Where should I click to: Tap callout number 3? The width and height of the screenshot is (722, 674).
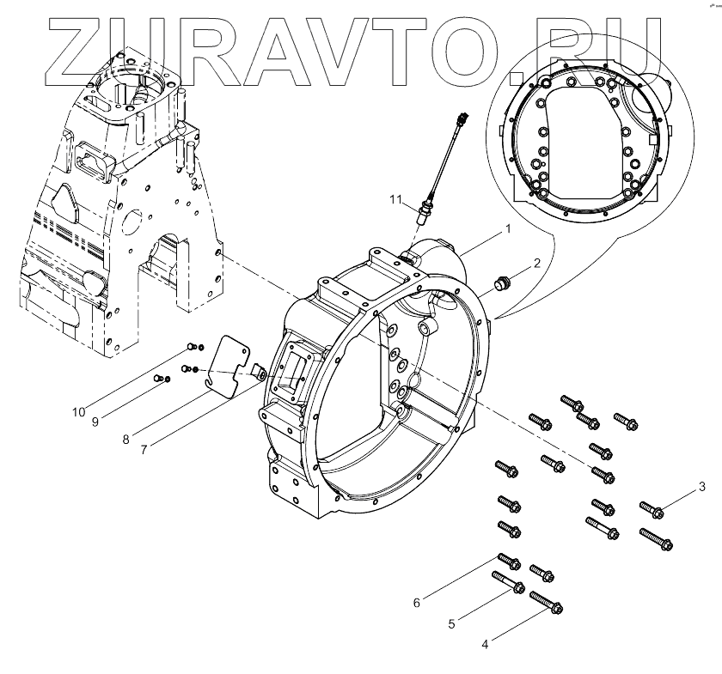tap(702, 488)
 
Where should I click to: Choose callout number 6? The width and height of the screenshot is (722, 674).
tap(417, 603)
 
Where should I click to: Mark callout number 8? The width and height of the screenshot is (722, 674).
tap(125, 439)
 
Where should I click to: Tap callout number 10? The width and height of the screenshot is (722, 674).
tap(78, 411)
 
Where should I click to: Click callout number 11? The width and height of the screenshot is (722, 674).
tap(395, 200)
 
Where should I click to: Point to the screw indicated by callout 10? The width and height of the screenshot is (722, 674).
tap(192, 347)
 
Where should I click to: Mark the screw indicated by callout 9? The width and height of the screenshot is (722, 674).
tap(158, 378)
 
